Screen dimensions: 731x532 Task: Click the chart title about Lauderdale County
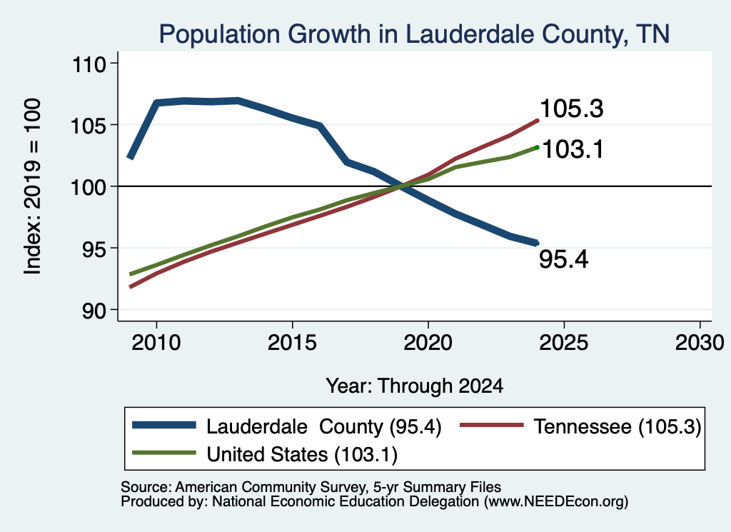(x=414, y=34)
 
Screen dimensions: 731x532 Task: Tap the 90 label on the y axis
(x=94, y=311)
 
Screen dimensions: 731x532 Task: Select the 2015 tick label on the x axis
(x=292, y=343)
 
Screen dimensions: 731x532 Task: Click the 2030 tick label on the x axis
(x=700, y=343)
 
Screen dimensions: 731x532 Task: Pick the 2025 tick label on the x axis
(x=564, y=343)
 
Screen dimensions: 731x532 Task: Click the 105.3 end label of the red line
(x=571, y=109)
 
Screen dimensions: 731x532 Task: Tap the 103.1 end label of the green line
(x=573, y=150)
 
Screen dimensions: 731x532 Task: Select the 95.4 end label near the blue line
(x=564, y=259)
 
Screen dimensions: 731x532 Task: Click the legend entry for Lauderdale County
(x=287, y=426)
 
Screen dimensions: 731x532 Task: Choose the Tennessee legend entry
(x=580, y=426)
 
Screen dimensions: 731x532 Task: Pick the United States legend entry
(x=265, y=454)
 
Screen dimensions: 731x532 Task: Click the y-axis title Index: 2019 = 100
(x=32, y=186)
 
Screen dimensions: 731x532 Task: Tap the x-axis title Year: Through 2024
(x=415, y=386)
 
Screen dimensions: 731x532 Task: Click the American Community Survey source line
(x=311, y=487)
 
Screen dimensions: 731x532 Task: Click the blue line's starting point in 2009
(x=131, y=158)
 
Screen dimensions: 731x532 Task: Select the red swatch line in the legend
(x=491, y=425)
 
